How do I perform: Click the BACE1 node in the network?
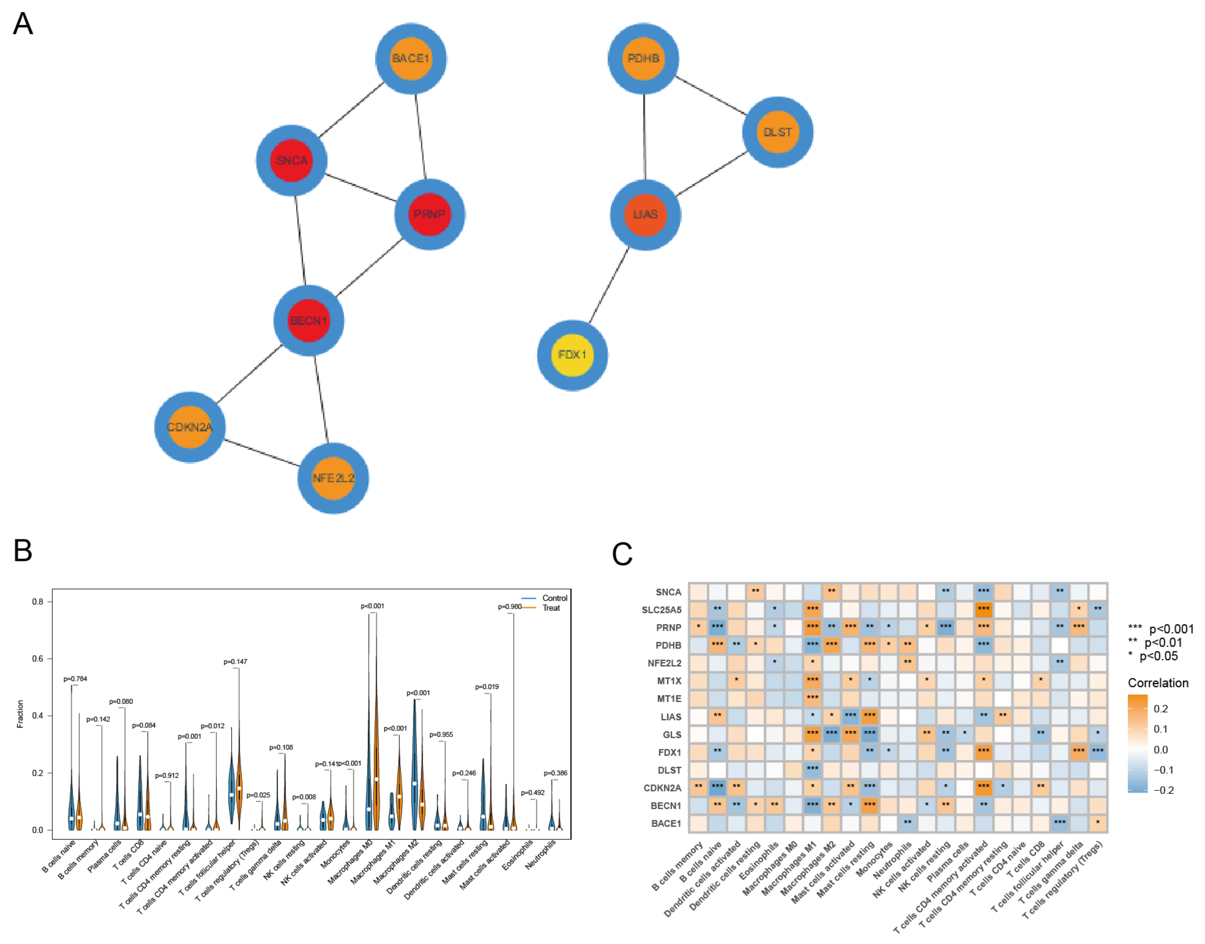click(411, 59)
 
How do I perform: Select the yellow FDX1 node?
click(572, 355)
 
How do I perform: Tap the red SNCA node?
click(292, 160)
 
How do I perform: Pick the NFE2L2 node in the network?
click(333, 478)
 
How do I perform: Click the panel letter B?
click(23, 551)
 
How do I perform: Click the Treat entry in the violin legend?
click(551, 608)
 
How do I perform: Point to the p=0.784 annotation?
click(75, 679)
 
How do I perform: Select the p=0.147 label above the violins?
click(235, 662)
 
